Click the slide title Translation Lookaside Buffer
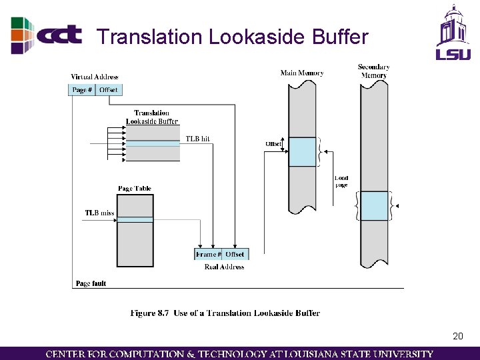coord(232,37)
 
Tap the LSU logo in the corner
coord(453,33)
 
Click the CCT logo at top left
coord(47,35)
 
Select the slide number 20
coord(457,336)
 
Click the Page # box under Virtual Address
coord(82,90)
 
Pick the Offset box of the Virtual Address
coord(109,90)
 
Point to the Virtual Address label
coord(94,77)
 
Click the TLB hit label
coord(197,139)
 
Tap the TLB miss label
coord(99,213)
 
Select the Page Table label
coord(134,189)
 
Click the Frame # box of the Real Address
coord(207,254)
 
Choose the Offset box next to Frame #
coord(235,254)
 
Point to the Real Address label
coord(224,267)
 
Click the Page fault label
coord(91,284)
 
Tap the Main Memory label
coord(302,73)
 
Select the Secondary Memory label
coord(373,71)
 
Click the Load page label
coord(341,181)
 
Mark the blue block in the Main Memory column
coord(302,152)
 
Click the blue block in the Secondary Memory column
coord(374,206)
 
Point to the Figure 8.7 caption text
coord(225,313)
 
